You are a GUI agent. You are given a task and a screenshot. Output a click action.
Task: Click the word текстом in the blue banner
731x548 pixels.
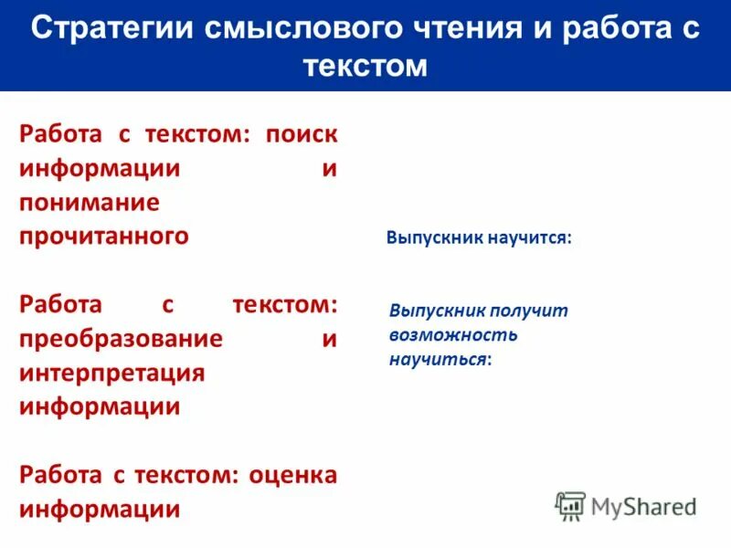(x=365, y=66)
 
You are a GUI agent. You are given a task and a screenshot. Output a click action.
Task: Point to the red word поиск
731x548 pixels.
(x=302, y=135)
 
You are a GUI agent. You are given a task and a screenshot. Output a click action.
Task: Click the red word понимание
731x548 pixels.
(x=90, y=203)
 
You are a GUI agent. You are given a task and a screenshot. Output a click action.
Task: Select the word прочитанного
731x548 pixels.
(x=104, y=236)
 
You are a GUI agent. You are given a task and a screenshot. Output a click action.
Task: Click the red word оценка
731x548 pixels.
(x=291, y=475)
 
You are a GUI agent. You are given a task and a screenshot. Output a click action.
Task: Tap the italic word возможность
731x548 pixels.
(x=453, y=334)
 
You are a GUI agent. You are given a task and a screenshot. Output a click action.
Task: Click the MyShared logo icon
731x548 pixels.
(x=570, y=505)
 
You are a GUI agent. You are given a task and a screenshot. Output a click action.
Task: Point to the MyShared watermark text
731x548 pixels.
(x=643, y=506)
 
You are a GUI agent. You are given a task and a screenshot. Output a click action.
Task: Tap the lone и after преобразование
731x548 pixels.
(x=330, y=339)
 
